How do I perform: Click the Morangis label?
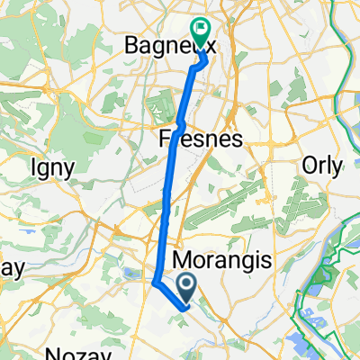click(219, 261)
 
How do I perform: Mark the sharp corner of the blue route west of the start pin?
click(155, 283)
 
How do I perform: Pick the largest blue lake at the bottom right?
click(310, 340)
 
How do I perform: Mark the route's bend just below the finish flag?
click(203, 61)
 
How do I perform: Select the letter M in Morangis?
click(179, 261)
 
